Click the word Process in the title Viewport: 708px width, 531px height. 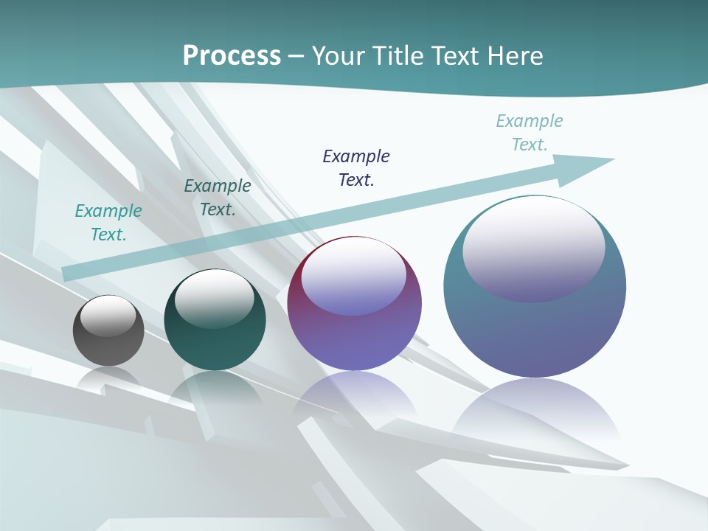click(x=232, y=56)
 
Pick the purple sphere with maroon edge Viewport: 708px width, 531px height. click(x=354, y=332)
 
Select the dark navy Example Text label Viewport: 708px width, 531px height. click(x=356, y=167)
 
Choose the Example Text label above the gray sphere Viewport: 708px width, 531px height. click(x=108, y=222)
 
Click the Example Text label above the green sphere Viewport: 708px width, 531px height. click(x=218, y=197)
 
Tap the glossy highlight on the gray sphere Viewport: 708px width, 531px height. click(x=108, y=315)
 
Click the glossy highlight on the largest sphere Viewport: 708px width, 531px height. click(x=533, y=247)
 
